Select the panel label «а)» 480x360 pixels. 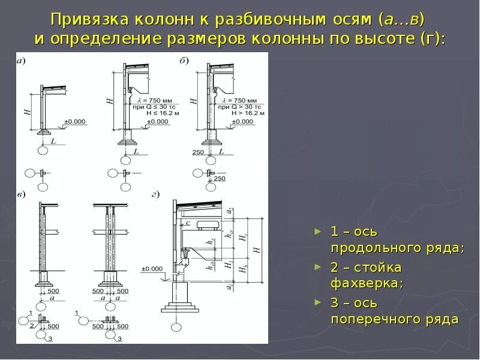point(21,60)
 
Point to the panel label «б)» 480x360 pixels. point(184,60)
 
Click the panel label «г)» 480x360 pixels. point(155,194)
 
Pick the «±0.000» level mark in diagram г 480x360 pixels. point(152,268)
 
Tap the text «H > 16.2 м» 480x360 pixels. point(251,112)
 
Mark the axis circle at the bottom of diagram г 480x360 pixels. point(176,327)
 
